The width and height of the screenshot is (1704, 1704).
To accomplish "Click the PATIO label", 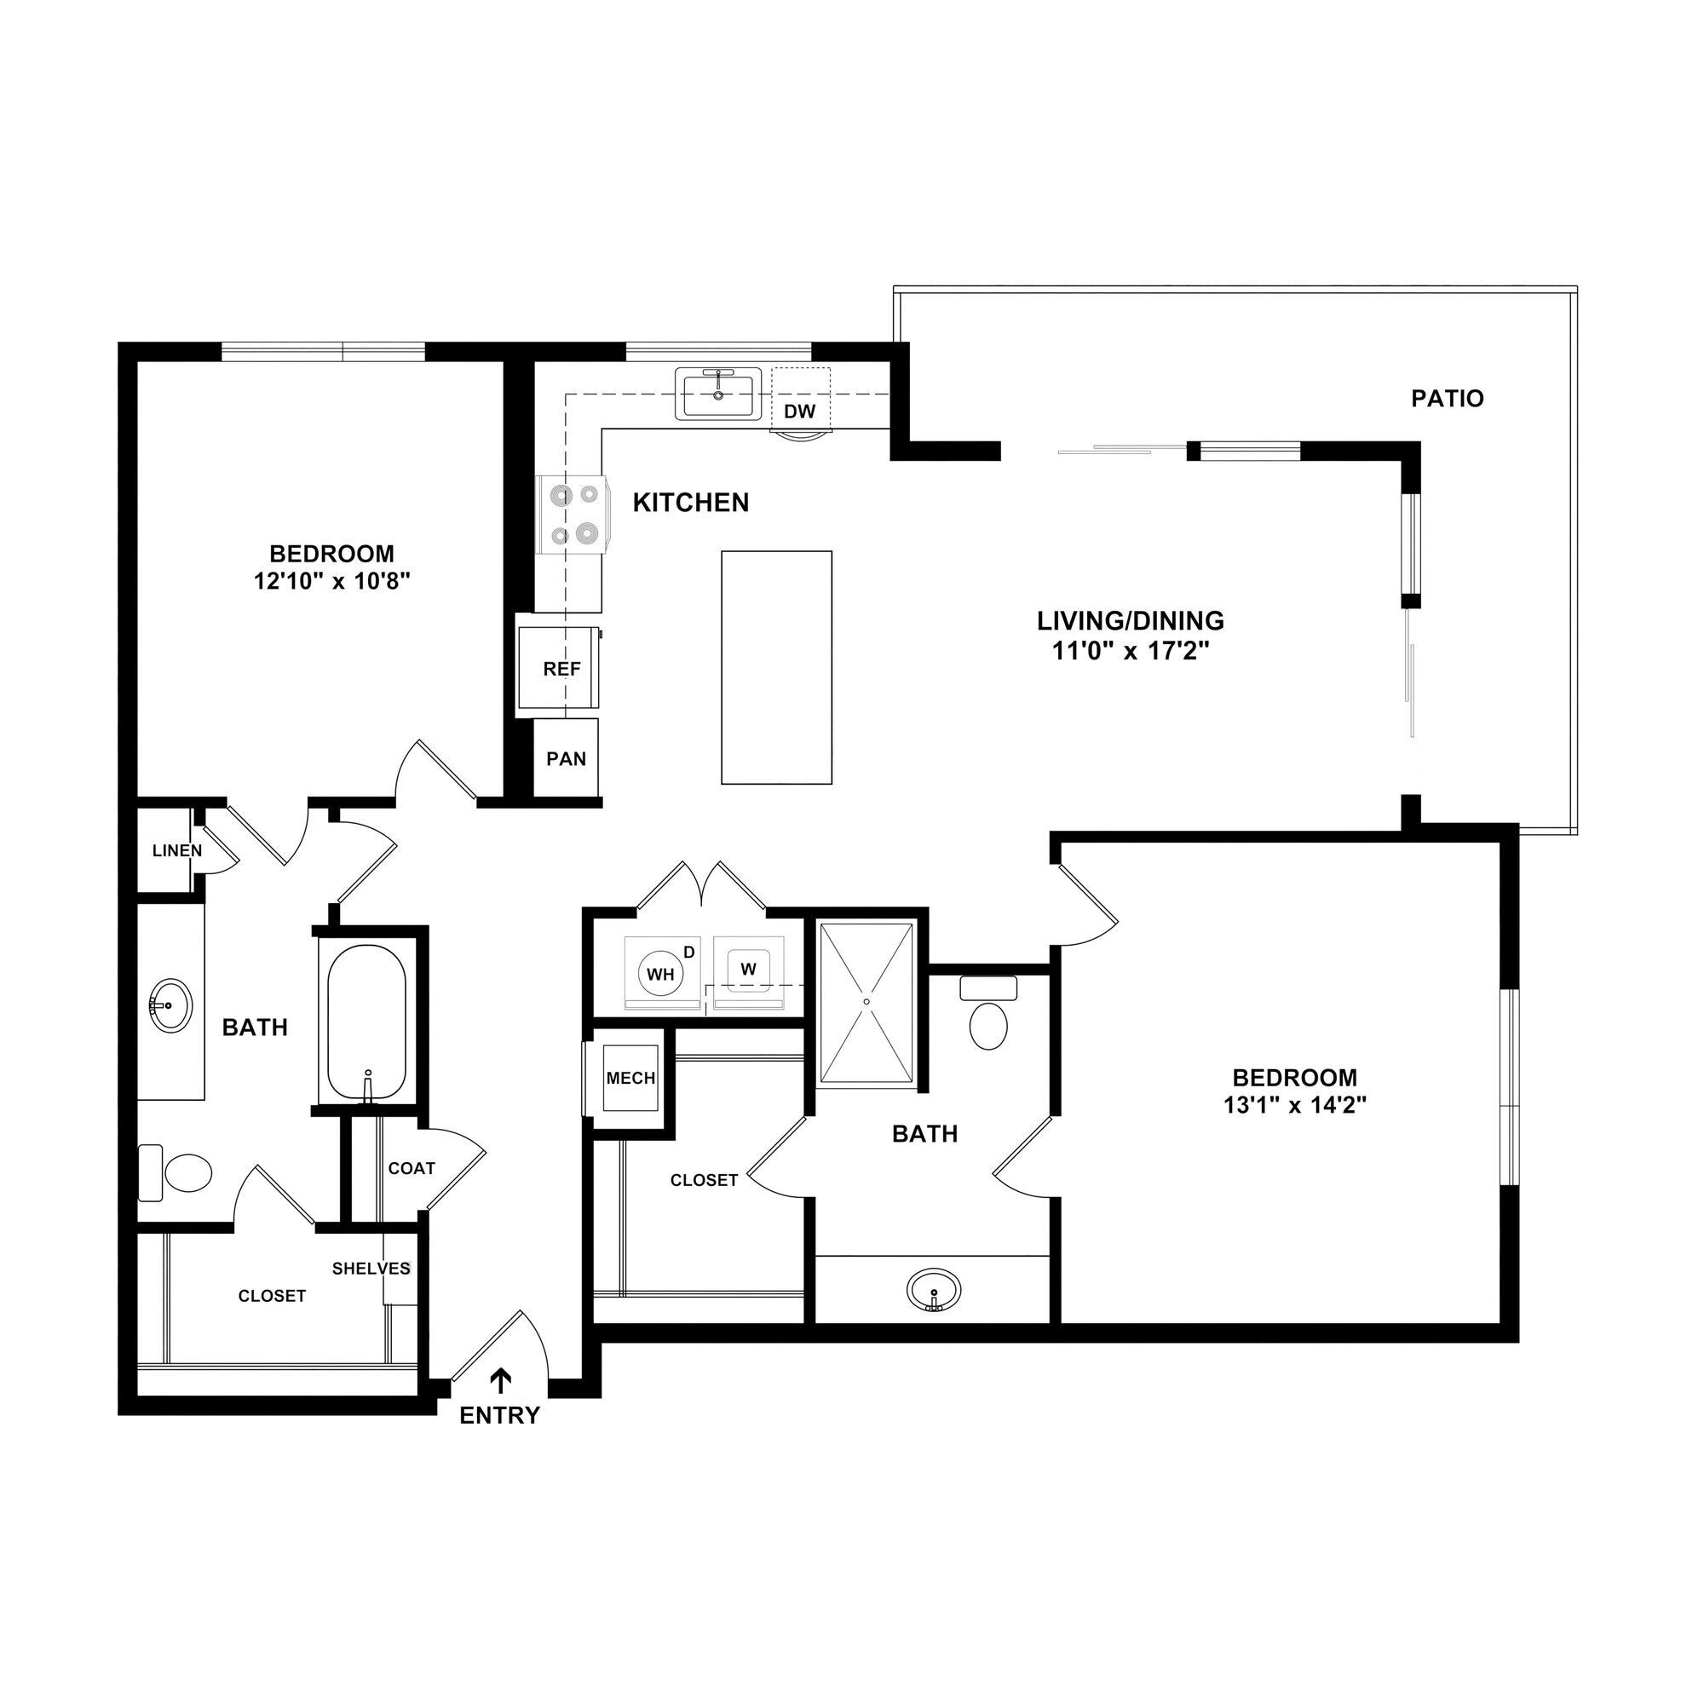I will click(1447, 399).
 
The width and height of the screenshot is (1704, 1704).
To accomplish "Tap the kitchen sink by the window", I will click(719, 394).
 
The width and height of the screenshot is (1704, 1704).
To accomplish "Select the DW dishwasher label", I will click(799, 411).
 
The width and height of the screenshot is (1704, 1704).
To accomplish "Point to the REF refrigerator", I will click(561, 669).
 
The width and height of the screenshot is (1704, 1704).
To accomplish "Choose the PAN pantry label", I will click(566, 758).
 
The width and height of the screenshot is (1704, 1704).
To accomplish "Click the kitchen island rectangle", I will click(776, 667).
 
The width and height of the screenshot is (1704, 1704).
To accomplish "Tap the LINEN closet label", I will click(176, 851).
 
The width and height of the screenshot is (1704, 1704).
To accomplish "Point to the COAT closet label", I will click(411, 1168).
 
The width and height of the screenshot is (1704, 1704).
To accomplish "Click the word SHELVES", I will click(371, 1269).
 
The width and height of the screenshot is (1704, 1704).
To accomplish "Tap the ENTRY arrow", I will click(502, 1379).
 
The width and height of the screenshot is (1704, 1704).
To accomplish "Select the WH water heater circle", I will click(660, 974).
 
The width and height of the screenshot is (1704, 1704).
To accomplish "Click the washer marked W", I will click(748, 970).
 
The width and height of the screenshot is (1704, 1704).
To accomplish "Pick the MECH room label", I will click(630, 1078).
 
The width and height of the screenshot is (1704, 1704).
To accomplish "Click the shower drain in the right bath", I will click(867, 1002).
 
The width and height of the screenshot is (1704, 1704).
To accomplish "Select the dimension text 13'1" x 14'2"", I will click(1294, 1105).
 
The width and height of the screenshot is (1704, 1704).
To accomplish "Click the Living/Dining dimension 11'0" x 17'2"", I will click(1130, 651).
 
